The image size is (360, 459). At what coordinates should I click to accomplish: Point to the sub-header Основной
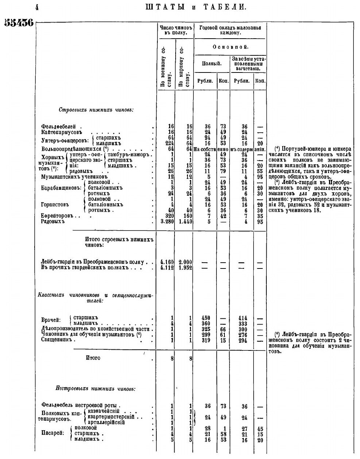click(230, 47)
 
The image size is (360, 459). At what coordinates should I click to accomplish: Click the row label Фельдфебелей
click(58, 126)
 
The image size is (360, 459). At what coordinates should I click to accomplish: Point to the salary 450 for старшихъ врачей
click(206, 318)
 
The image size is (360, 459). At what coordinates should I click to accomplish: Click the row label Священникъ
click(58, 340)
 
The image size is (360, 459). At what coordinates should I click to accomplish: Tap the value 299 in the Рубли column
click(206, 335)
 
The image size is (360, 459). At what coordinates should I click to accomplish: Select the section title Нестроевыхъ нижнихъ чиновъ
click(95, 389)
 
